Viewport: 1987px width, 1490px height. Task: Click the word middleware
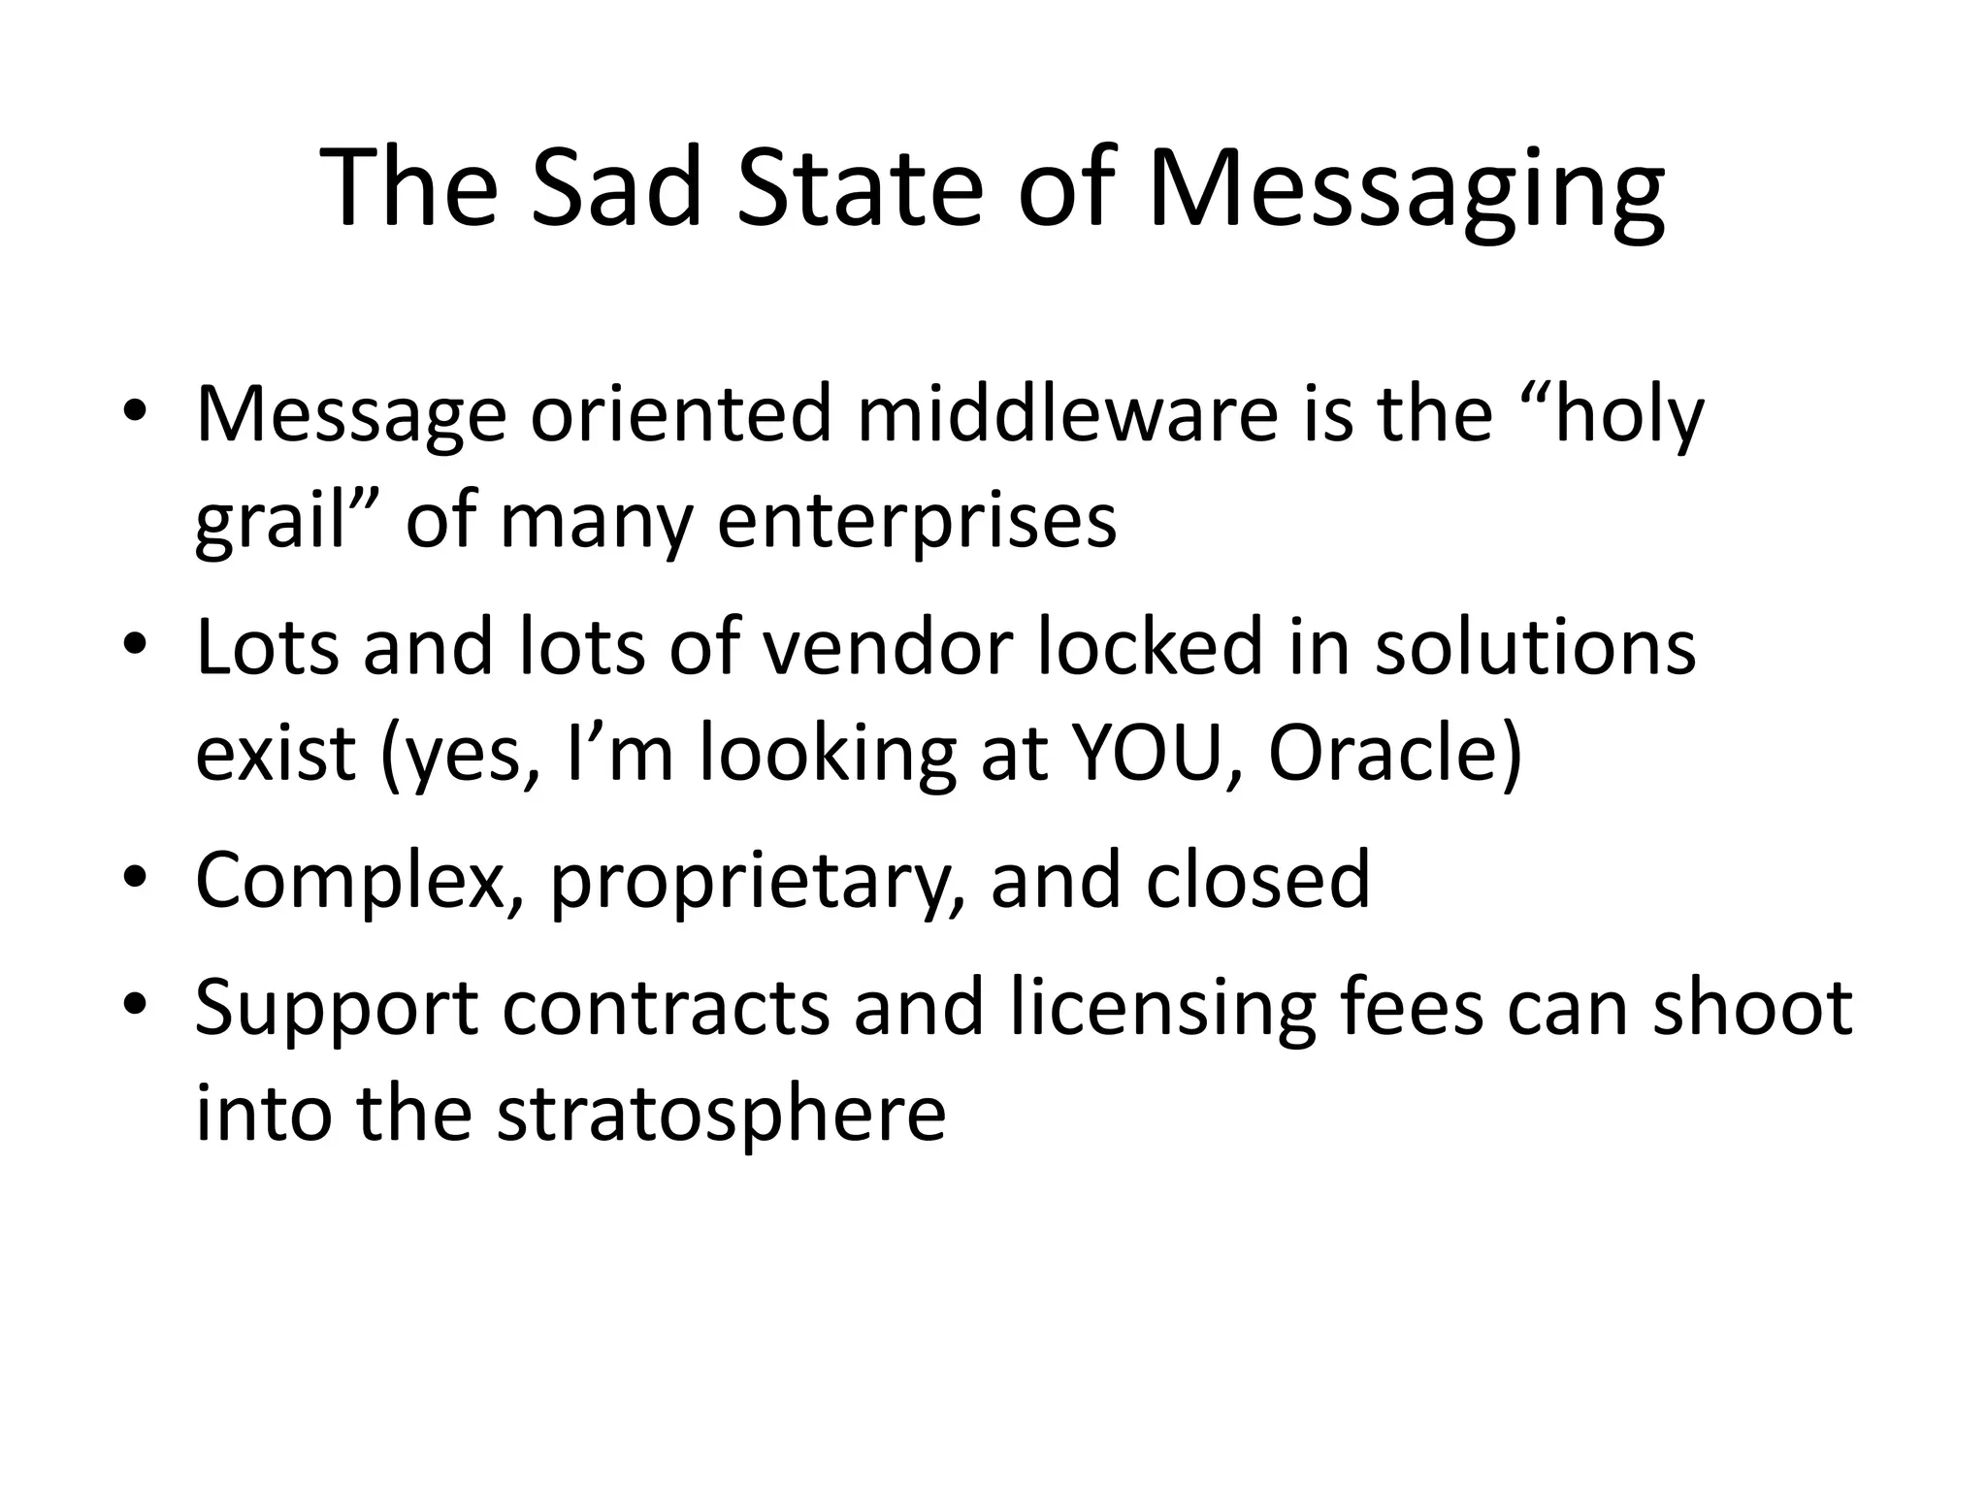point(1068,414)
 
